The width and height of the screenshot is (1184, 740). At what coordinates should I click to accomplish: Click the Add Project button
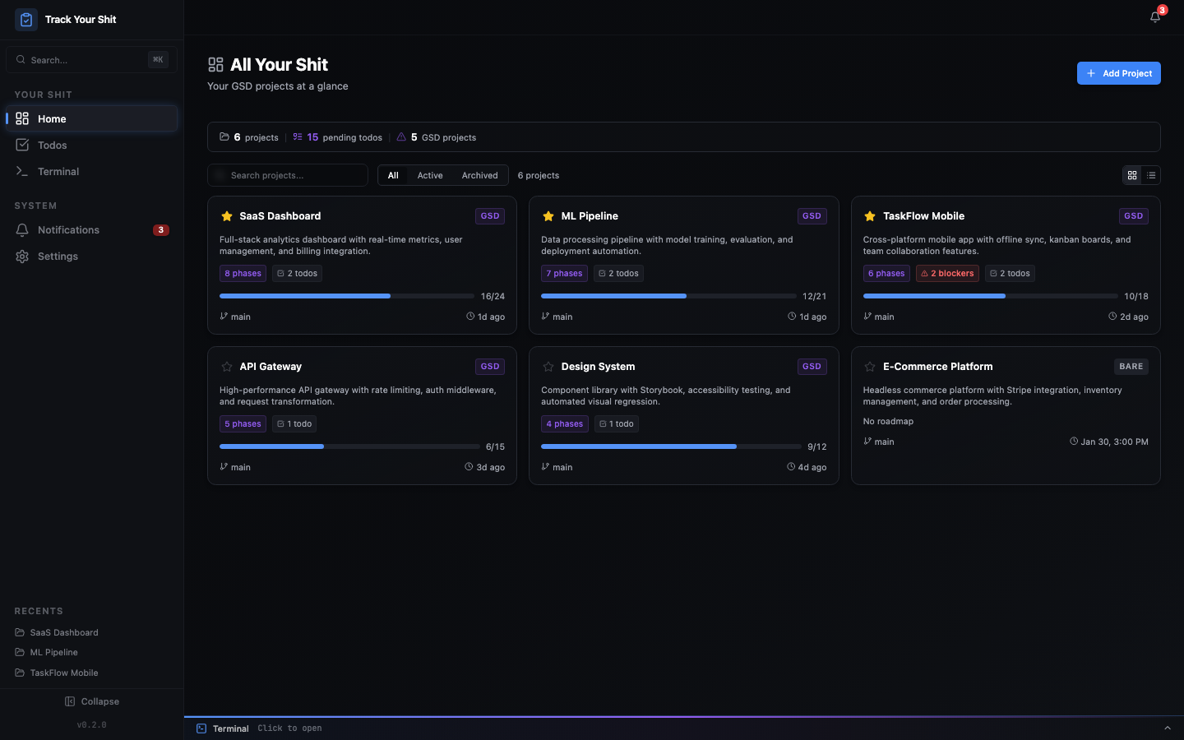(1118, 73)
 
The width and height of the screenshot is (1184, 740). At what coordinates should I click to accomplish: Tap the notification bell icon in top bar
(1155, 17)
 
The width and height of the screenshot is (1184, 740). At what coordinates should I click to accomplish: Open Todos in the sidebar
(52, 146)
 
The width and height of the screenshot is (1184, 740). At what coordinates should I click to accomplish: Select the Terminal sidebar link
(58, 172)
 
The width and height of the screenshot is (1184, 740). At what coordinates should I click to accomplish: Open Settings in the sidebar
(58, 257)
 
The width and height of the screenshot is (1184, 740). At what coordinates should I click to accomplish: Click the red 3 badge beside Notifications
(161, 230)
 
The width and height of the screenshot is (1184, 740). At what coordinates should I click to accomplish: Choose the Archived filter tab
(479, 175)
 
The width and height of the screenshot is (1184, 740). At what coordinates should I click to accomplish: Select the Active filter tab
(429, 175)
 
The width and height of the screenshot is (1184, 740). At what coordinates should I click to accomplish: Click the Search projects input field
(292, 175)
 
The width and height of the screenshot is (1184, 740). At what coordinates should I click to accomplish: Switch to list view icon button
(1151, 175)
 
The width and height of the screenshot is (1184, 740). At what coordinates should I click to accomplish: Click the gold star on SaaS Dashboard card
(227, 216)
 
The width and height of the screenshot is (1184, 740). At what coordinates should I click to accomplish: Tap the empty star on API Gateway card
(227, 367)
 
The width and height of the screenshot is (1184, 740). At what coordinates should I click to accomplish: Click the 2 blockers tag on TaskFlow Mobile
(947, 274)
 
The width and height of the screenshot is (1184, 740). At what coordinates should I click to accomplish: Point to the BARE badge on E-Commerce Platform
(1131, 367)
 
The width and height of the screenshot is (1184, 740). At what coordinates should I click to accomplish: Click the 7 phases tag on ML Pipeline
(564, 274)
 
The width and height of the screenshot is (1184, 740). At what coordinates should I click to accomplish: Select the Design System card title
(598, 367)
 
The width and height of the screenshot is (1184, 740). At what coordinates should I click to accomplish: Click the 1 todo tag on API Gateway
(294, 424)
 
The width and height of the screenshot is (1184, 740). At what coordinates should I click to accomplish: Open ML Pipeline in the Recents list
(53, 653)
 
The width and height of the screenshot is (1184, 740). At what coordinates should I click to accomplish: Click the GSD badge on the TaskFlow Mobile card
(1133, 216)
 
